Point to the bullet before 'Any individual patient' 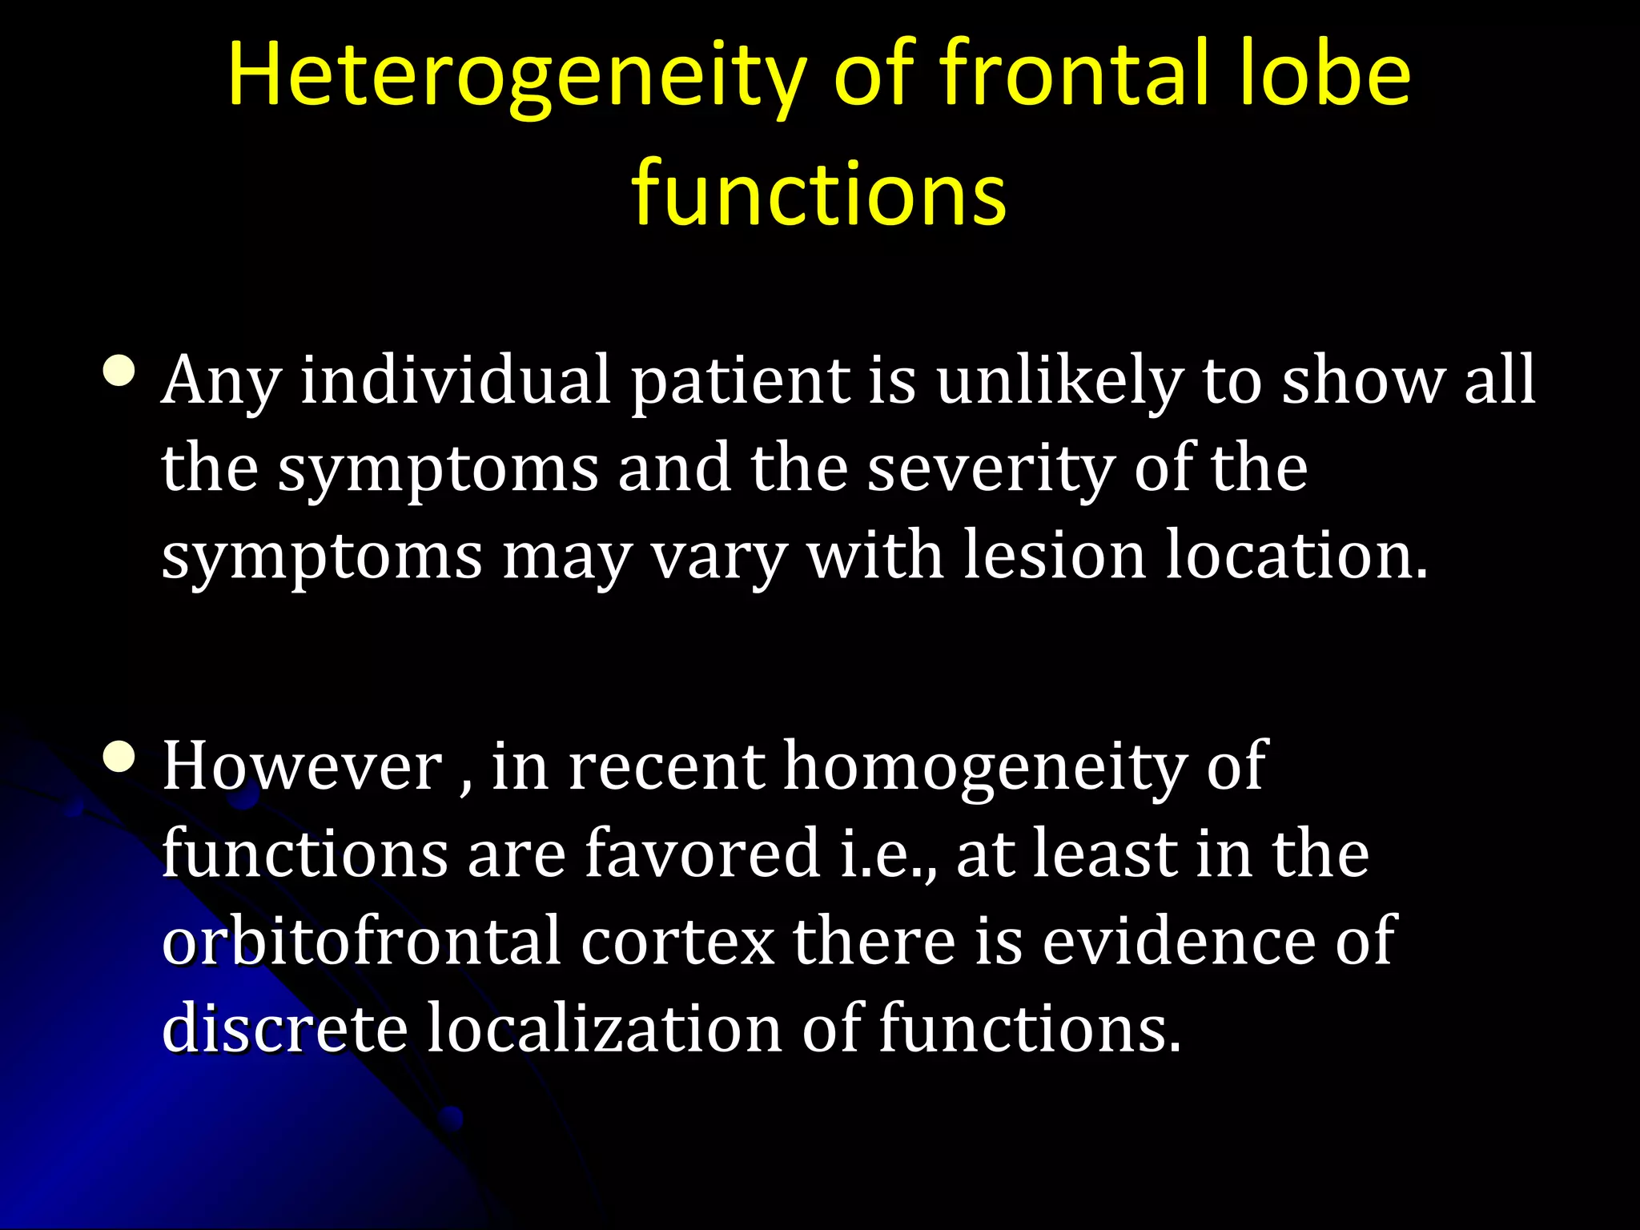(x=120, y=372)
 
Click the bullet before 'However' (x=120, y=757)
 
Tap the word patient (x=741, y=381)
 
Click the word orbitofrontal (x=361, y=941)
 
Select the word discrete (x=284, y=1028)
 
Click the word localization (x=604, y=1028)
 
